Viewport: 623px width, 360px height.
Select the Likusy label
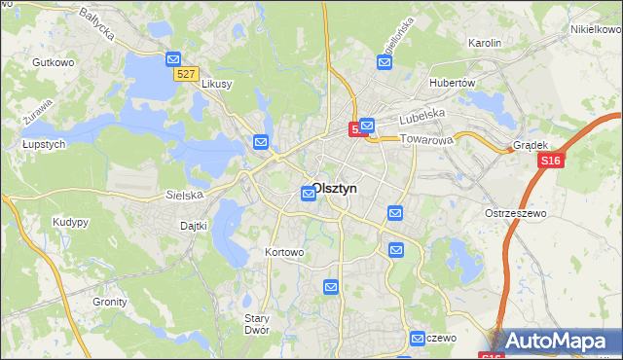tap(216, 84)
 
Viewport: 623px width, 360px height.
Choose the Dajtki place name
tap(195, 226)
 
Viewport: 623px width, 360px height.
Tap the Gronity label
tap(110, 302)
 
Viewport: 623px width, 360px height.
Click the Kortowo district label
tap(285, 252)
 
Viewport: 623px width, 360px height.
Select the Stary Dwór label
tap(257, 324)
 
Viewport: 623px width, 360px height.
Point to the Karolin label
tap(484, 43)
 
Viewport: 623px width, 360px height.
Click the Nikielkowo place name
tap(596, 29)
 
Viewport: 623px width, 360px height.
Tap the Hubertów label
tap(452, 83)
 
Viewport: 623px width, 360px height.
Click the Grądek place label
tap(531, 146)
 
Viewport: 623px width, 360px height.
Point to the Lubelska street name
tap(421, 114)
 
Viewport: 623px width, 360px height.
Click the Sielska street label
tap(184, 195)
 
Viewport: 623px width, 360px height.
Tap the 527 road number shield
tap(187, 74)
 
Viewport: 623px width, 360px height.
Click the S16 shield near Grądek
tap(550, 161)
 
